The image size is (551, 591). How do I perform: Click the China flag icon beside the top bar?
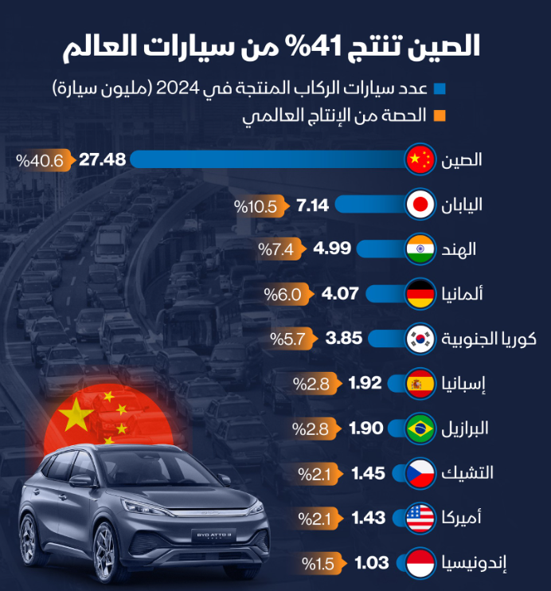(x=419, y=159)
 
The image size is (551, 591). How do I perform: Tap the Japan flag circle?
(x=419, y=205)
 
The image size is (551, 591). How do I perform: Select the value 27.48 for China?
(x=103, y=159)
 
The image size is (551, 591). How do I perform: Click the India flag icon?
(x=419, y=249)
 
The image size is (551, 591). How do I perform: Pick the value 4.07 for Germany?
(x=342, y=294)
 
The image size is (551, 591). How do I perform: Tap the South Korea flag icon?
(x=419, y=339)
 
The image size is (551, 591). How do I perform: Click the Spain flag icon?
(x=419, y=383)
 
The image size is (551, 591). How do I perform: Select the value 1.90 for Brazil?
(x=367, y=428)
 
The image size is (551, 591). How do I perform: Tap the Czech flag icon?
(x=419, y=472)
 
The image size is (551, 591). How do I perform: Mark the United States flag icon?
(x=419, y=518)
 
